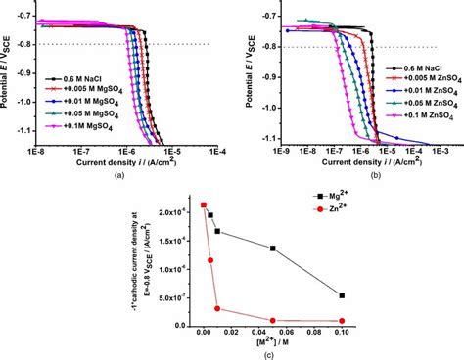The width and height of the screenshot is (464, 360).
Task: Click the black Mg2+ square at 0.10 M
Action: pyautogui.click(x=342, y=295)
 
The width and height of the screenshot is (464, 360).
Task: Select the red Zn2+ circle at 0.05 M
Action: pyautogui.click(x=273, y=321)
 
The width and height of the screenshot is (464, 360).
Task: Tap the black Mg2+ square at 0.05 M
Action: pyautogui.click(x=273, y=248)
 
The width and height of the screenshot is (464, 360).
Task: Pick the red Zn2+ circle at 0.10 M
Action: pyautogui.click(x=342, y=321)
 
